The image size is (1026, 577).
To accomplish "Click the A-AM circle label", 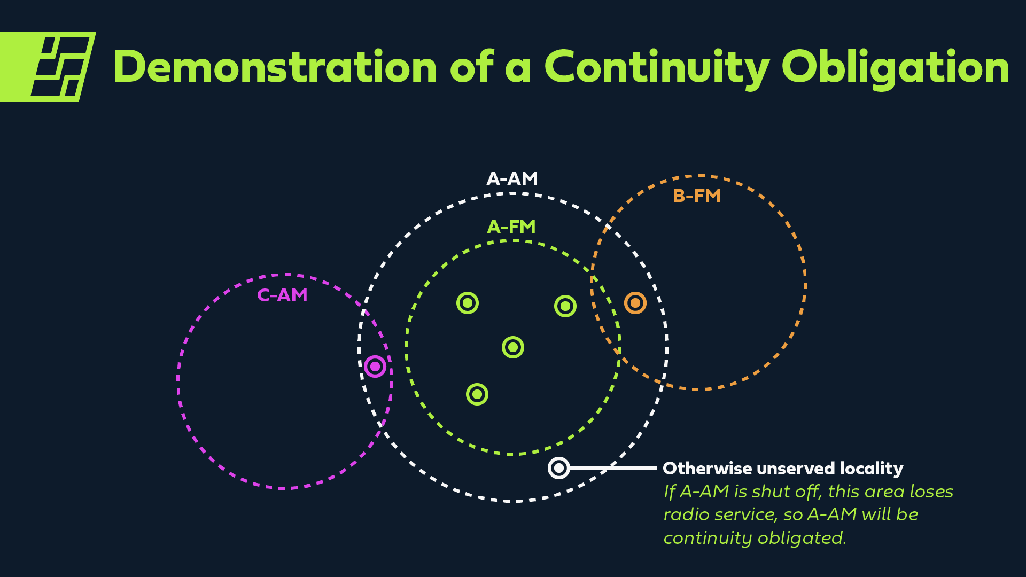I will pyautogui.click(x=512, y=179).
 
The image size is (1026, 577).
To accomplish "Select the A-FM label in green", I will pyautogui.click(x=511, y=227).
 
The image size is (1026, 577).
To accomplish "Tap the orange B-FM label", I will pyautogui.click(x=697, y=196).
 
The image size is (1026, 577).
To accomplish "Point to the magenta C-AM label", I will pyautogui.click(x=282, y=295).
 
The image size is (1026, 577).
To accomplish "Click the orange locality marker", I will pyautogui.click(x=635, y=303).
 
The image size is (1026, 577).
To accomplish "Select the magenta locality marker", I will pyautogui.click(x=375, y=367).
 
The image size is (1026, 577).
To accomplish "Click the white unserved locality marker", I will pyautogui.click(x=559, y=468).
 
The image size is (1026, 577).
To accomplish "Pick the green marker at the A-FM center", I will pyautogui.click(x=513, y=347).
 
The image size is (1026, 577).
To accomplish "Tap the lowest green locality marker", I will pyautogui.click(x=477, y=394).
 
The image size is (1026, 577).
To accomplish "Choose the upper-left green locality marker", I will pyautogui.click(x=468, y=303).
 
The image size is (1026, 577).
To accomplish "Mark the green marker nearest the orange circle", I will pyautogui.click(x=565, y=306).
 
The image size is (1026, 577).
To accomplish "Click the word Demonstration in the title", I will pyautogui.click(x=275, y=67).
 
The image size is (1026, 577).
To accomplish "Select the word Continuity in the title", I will pyautogui.click(x=656, y=67).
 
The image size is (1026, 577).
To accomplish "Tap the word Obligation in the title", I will pyautogui.click(x=895, y=67).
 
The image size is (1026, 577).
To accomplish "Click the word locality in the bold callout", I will pyautogui.click(x=871, y=469).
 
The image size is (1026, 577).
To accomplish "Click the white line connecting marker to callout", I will pyautogui.click(x=615, y=468).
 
